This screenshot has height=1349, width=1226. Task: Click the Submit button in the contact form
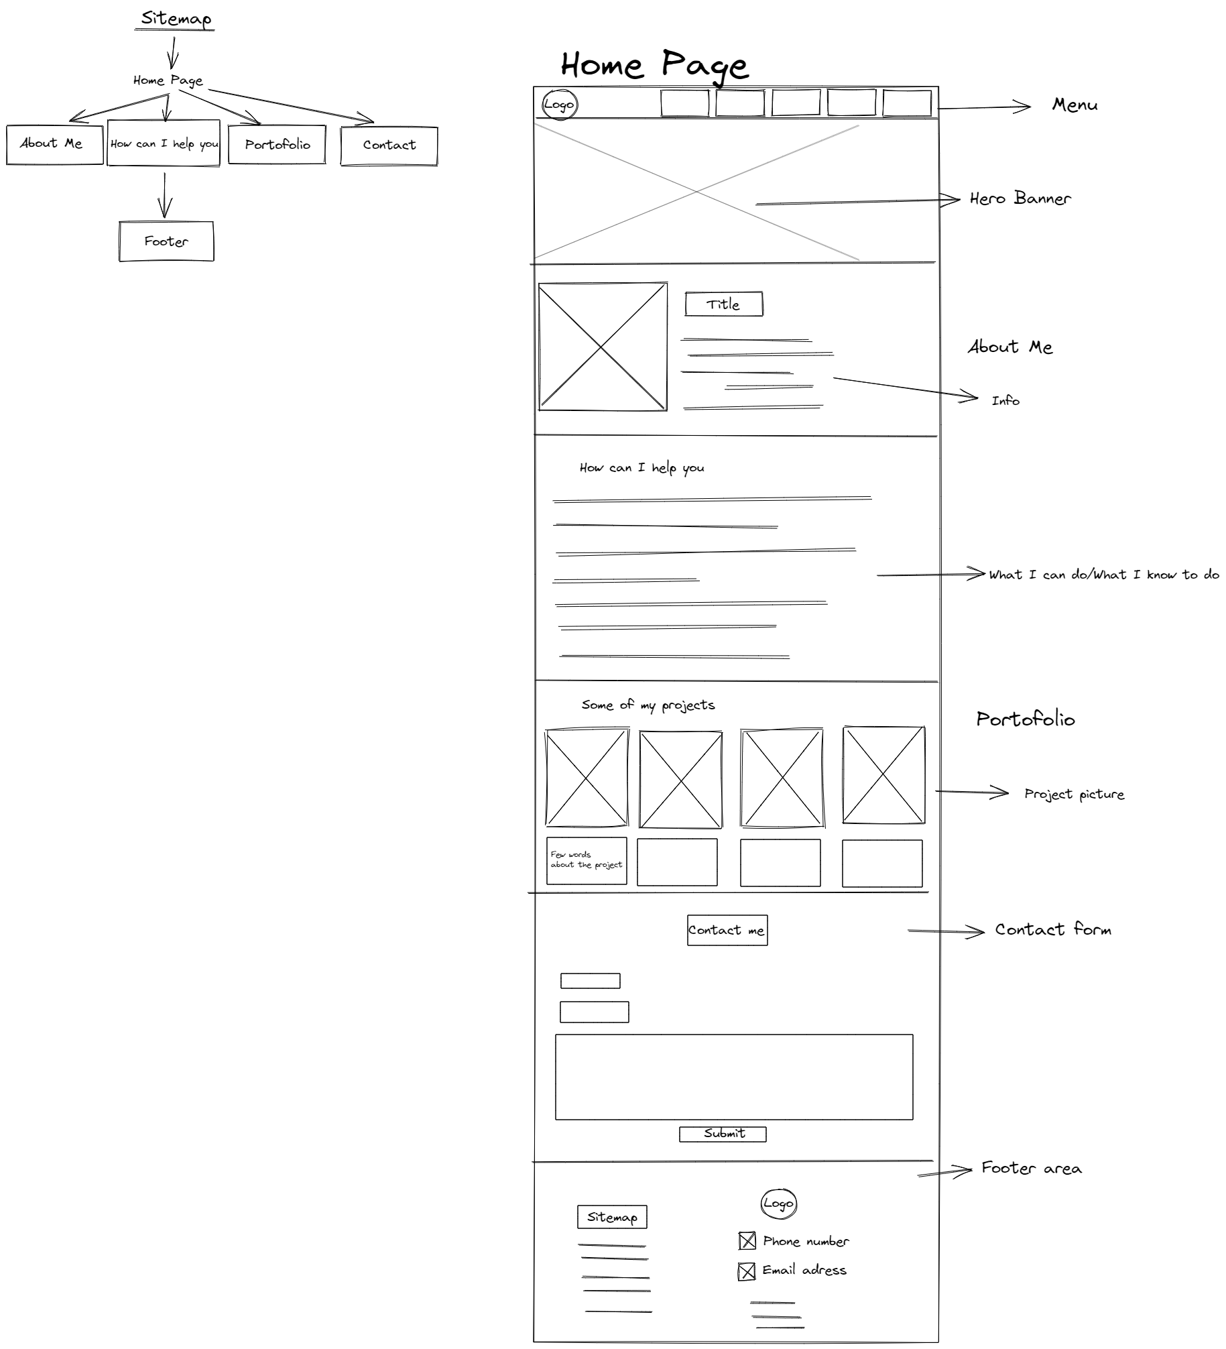coord(723,1134)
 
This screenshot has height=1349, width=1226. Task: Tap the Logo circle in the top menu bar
coord(559,105)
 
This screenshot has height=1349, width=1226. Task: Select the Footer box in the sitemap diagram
coord(166,241)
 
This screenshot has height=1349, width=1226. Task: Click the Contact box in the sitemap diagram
coord(389,145)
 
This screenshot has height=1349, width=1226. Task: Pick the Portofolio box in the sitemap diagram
coord(277,144)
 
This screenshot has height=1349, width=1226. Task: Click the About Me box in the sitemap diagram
coord(54,144)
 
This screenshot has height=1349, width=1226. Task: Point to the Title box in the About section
coord(723,304)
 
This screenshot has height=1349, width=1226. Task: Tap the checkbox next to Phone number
coord(747,1241)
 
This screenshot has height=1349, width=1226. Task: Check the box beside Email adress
coord(746,1271)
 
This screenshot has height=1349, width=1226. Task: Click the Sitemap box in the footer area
coord(612,1217)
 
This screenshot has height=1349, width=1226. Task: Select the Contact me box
coord(727,931)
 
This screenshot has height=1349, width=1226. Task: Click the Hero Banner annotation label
coord(1020,198)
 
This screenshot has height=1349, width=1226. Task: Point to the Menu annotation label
coord(1075,105)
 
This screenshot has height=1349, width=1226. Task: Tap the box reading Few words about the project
coord(587,860)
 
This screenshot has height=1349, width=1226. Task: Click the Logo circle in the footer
coord(778,1204)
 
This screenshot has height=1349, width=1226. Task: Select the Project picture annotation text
coord(1074,795)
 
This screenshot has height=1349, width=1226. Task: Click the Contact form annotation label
coord(1052,930)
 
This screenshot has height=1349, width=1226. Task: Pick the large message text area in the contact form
coord(733,1077)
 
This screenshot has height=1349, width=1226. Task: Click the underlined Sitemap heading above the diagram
coord(176,19)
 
